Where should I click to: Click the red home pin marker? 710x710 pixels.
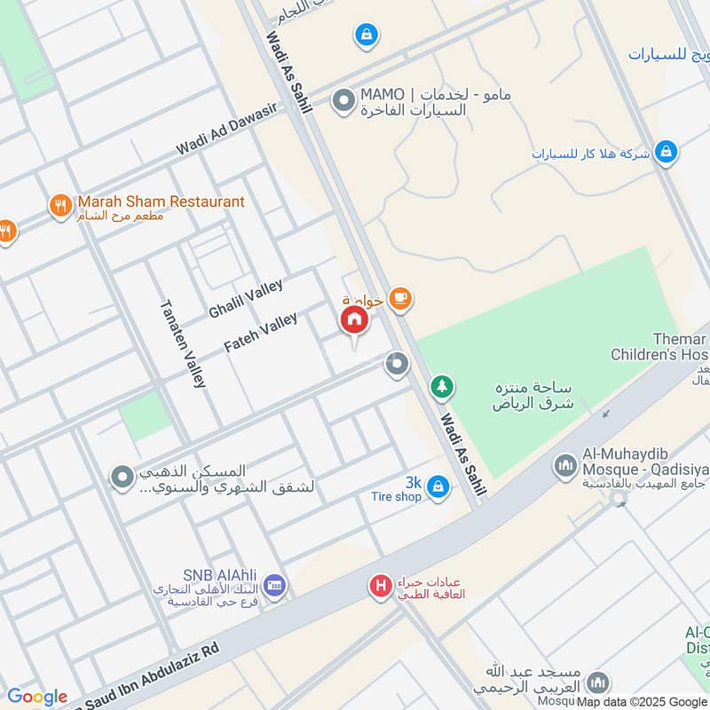click(353, 321)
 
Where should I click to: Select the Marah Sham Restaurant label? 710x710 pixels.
click(161, 201)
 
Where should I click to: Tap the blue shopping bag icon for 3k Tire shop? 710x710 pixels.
click(437, 486)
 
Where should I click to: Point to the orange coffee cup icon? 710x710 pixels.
click(400, 299)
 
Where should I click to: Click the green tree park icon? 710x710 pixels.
click(441, 387)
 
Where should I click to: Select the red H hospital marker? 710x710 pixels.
click(381, 586)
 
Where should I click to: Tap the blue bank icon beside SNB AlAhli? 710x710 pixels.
click(275, 585)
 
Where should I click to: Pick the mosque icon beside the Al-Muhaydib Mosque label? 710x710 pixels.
click(564, 465)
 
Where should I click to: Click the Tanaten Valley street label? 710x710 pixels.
click(183, 343)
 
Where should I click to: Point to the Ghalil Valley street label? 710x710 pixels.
click(246, 299)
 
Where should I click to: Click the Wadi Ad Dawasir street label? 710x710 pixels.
click(226, 130)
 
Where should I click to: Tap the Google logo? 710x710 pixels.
click(37, 697)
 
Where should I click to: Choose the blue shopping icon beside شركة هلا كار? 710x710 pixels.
click(667, 153)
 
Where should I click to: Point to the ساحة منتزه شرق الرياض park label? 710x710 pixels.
click(534, 396)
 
